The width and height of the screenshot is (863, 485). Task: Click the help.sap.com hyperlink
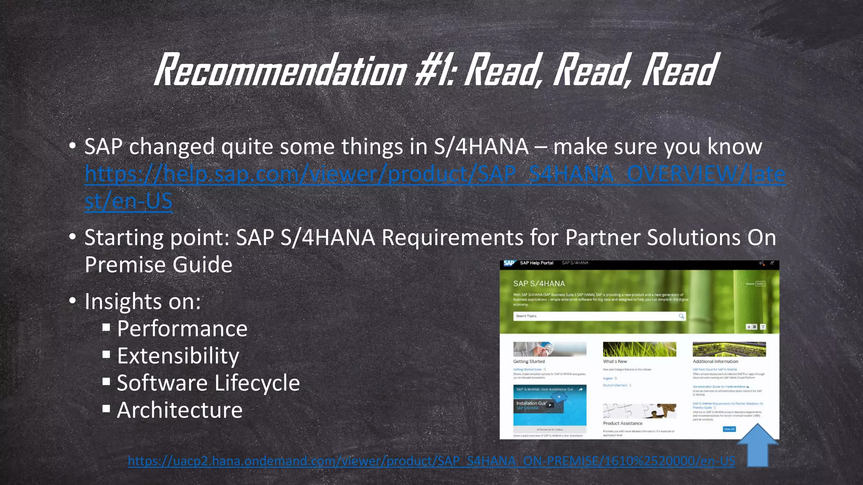click(x=434, y=173)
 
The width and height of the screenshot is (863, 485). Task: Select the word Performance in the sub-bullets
click(x=182, y=329)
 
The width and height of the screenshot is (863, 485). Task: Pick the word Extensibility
click(x=178, y=356)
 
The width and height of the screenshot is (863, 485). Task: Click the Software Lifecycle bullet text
click(x=208, y=383)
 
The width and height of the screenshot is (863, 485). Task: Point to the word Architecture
click(x=180, y=410)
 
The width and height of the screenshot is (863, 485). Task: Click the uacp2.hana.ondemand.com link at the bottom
click(x=431, y=461)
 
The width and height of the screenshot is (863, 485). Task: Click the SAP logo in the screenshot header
click(x=509, y=263)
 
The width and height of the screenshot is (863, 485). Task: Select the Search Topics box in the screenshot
click(x=594, y=316)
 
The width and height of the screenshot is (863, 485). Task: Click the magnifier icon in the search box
click(x=681, y=316)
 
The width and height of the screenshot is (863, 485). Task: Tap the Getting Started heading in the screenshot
click(x=529, y=361)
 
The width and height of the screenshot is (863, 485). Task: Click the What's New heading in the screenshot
click(x=615, y=361)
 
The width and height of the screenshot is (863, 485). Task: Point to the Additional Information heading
click(x=715, y=361)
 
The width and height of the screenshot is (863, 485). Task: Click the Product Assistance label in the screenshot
click(x=622, y=423)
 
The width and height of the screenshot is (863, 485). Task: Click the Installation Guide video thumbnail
click(x=549, y=405)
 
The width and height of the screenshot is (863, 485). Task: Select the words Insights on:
click(x=143, y=301)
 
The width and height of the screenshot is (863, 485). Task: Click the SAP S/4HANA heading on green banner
click(x=539, y=283)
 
